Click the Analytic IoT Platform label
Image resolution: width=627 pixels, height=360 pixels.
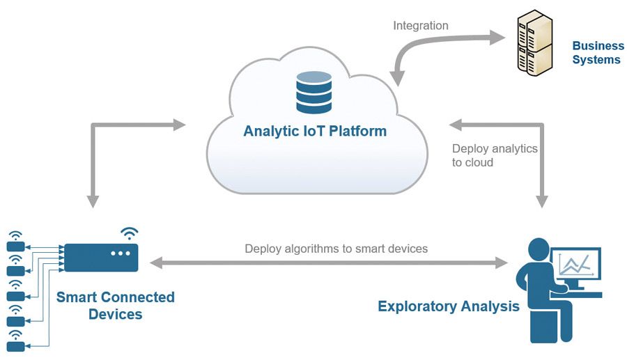(x=314, y=131)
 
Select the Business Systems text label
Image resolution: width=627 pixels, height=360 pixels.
(x=598, y=53)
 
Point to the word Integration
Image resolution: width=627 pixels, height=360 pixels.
(x=421, y=26)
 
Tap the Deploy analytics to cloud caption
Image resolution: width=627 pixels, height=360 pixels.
(x=494, y=155)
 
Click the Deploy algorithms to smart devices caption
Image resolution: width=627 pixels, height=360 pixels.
(x=336, y=249)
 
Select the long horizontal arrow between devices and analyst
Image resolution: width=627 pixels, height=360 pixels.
(x=329, y=263)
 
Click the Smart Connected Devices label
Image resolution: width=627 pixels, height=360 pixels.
(x=115, y=306)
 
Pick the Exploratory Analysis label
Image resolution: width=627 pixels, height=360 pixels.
(x=448, y=306)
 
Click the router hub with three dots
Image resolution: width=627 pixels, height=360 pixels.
(x=102, y=257)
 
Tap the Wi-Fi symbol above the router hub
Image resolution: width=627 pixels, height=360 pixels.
(x=129, y=233)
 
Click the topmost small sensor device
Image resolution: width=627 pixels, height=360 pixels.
(x=15, y=246)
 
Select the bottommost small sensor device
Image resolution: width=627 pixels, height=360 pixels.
(x=15, y=345)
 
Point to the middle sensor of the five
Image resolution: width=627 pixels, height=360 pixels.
(x=15, y=296)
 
